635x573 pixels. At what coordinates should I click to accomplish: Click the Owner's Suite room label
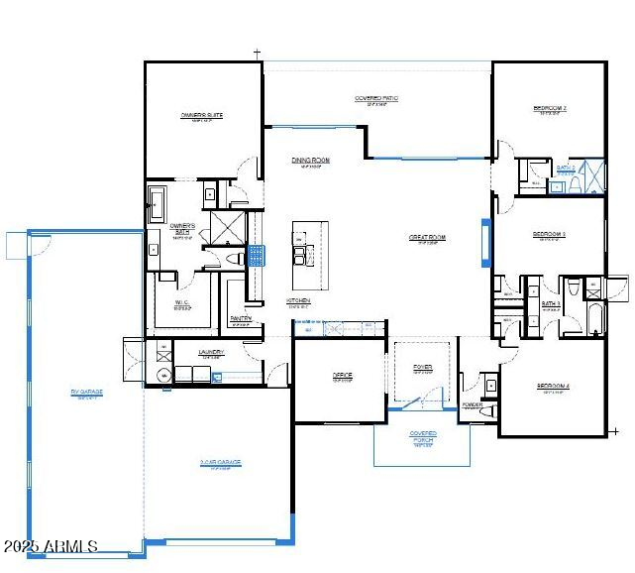[201, 115]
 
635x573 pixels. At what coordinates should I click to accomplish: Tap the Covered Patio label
[375, 98]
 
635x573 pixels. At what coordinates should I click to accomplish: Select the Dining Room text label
[310, 160]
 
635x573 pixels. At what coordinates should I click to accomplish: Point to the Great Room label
[427, 238]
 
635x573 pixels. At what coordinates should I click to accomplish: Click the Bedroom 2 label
[549, 107]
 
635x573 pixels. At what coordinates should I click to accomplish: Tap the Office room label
[342, 376]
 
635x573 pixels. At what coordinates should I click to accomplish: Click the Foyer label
[423, 368]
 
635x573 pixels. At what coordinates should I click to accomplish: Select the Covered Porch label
[423, 435]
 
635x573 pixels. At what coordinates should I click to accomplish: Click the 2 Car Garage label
[219, 462]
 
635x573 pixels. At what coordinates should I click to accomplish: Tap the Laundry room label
[211, 352]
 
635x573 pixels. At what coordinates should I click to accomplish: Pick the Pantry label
[241, 318]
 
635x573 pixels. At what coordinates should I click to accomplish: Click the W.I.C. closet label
[182, 304]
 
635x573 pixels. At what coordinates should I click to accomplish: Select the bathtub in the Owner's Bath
[159, 204]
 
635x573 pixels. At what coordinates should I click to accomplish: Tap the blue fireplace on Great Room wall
[484, 243]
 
